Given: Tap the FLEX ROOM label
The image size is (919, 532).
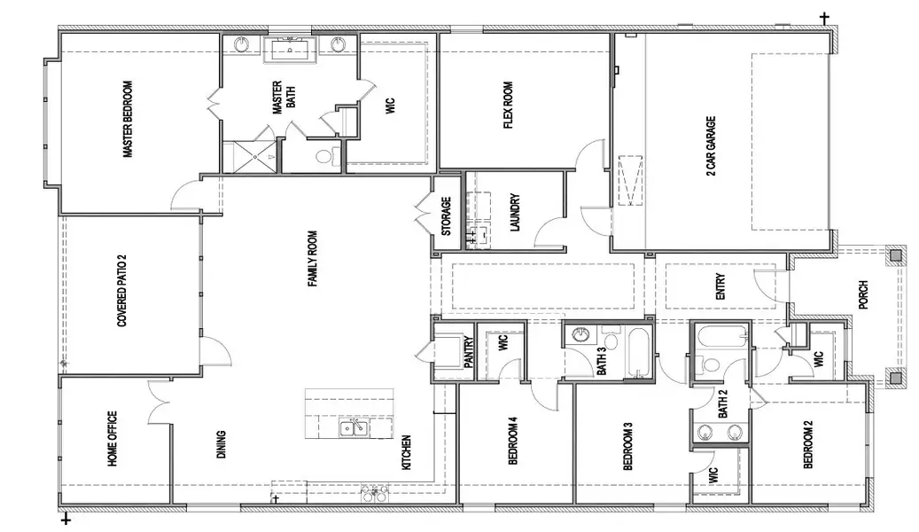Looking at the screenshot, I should [509, 105].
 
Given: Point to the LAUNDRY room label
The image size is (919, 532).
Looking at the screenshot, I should [515, 214].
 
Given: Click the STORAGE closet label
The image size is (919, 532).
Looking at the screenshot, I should [446, 216].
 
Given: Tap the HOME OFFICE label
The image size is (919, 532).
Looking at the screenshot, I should [113, 440].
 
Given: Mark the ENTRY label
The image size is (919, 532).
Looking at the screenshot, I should [720, 286].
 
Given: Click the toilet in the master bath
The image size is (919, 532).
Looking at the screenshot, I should [323, 158].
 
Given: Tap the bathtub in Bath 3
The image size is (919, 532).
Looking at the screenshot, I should [637, 351].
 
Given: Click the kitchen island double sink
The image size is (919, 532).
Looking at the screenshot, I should [355, 429].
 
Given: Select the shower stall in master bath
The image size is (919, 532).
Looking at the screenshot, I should [249, 156].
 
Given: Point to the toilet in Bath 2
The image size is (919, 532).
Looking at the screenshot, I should [711, 364].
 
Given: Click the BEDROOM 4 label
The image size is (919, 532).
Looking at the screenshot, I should [512, 441].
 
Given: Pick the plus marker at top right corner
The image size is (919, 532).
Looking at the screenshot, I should [824, 17].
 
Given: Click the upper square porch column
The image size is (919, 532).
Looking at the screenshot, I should [896, 255].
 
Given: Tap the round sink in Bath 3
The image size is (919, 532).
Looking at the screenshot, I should [580, 335].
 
